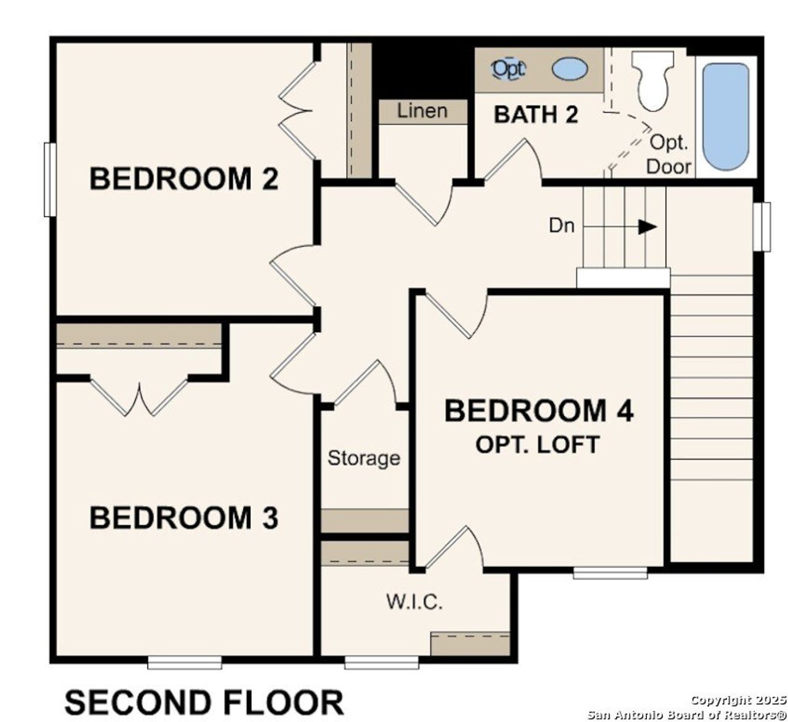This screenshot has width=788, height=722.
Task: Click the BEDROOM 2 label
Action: click(x=183, y=178)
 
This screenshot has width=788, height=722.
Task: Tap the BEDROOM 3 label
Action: click(x=183, y=518)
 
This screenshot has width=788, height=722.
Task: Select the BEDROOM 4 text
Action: click(x=539, y=411)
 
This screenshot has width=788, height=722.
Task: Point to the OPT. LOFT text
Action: click(x=537, y=444)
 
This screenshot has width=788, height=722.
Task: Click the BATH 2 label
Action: click(x=536, y=114)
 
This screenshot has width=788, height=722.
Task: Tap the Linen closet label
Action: click(x=422, y=111)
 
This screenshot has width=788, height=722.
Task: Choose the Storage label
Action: click(x=363, y=458)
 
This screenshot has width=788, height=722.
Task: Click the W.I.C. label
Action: click(x=414, y=601)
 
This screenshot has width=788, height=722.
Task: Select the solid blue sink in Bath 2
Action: click(x=570, y=68)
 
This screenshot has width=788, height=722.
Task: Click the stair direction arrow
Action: click(x=646, y=227)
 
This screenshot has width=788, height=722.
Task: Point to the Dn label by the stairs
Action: click(x=561, y=226)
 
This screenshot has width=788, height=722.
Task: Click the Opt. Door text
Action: click(x=669, y=154)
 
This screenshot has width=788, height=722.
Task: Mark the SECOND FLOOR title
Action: click(x=204, y=702)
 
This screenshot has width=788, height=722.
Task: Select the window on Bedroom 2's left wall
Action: click(x=50, y=179)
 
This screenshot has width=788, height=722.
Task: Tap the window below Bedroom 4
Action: click(x=610, y=573)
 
